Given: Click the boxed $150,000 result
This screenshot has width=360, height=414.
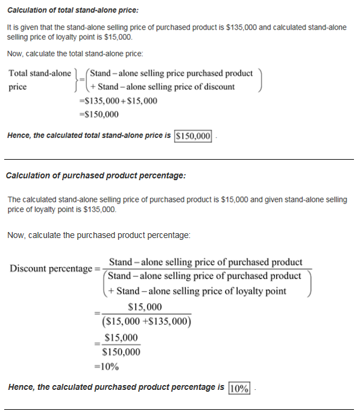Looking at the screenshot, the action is (x=193, y=136).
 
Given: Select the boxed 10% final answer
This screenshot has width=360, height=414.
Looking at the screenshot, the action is (x=239, y=387).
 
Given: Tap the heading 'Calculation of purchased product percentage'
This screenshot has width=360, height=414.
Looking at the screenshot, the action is (x=95, y=175).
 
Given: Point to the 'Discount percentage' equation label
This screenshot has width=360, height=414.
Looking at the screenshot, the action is (x=51, y=268).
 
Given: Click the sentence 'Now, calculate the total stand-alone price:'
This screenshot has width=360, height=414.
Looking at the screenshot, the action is (x=75, y=54).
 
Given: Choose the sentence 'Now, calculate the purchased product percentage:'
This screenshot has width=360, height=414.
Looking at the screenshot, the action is (x=99, y=235).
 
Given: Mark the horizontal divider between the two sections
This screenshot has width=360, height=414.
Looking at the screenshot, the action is (x=180, y=159).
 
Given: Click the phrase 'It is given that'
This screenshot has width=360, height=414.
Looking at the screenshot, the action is (x=28, y=28).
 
